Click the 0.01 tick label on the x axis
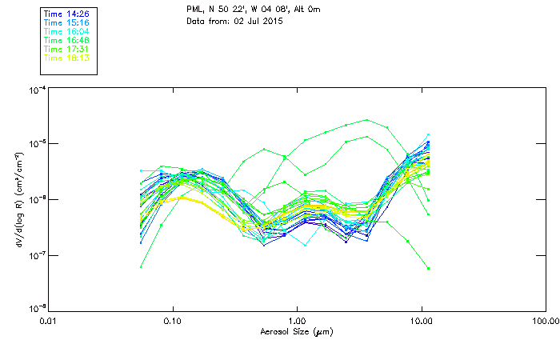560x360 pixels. point(49,321)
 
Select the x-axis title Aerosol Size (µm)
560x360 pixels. point(296,331)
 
